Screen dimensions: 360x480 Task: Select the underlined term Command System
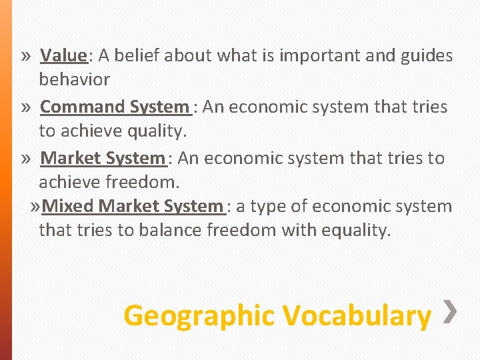click(x=115, y=107)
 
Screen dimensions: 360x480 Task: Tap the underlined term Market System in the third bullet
click(x=102, y=158)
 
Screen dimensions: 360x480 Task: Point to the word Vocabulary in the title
click(x=357, y=315)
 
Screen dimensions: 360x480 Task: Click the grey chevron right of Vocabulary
click(x=450, y=311)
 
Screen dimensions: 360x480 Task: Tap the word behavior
click(x=74, y=80)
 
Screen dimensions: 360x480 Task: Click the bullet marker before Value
click(x=25, y=56)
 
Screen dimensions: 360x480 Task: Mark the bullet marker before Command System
click(x=25, y=107)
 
